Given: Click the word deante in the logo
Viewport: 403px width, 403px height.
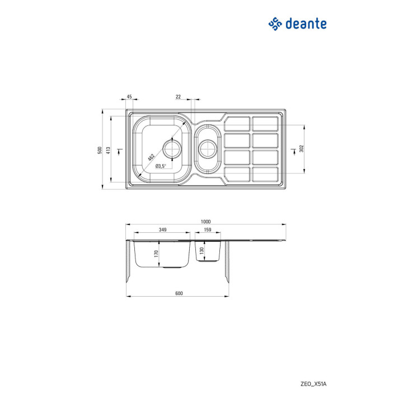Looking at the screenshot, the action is (x=306, y=24).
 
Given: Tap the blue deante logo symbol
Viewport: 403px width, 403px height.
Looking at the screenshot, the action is (x=275, y=24).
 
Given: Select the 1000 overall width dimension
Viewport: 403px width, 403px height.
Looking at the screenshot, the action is (x=205, y=222).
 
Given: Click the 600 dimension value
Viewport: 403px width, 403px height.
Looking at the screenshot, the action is (x=179, y=293).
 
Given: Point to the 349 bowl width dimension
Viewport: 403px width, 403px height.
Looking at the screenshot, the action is (x=162, y=229).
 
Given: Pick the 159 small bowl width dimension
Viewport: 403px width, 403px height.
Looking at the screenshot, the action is (x=208, y=229).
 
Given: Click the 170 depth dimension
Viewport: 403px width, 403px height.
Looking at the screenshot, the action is (x=156, y=254).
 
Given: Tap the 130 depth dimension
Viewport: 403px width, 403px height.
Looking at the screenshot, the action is (x=201, y=251).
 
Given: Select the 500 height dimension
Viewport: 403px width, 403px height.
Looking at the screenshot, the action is (x=100, y=150).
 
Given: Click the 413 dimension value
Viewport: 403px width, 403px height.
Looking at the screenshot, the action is (x=108, y=150).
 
